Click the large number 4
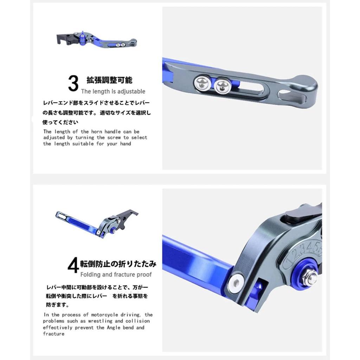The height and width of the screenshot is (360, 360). [73, 266]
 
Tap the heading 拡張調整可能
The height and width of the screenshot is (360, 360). [109, 80]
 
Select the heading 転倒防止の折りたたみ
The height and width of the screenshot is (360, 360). [118, 264]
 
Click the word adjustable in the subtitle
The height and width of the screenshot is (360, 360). [130, 91]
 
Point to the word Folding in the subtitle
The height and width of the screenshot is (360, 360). [91, 274]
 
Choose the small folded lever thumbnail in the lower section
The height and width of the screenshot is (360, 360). [97, 223]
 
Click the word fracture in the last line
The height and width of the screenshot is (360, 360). [54, 334]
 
